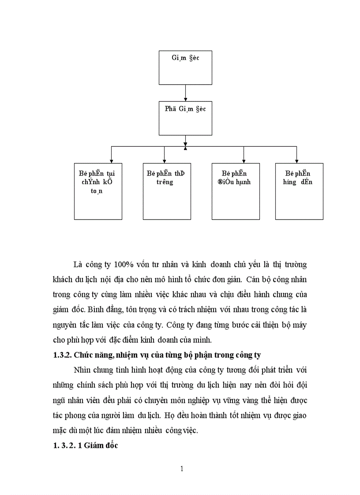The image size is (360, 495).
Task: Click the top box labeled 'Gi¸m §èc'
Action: click(185, 67)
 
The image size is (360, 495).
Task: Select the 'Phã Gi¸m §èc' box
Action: click(185, 118)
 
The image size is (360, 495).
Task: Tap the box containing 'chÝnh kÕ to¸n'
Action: click(98, 191)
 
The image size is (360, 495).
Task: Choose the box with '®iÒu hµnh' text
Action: click(236, 191)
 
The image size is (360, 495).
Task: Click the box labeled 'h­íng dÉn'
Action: click(299, 191)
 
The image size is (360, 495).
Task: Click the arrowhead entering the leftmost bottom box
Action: click(111, 160)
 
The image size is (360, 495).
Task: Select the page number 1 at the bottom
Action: click(182, 469)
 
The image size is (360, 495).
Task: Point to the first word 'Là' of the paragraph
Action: click(78, 265)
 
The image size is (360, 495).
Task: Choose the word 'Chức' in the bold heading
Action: click(82, 355)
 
